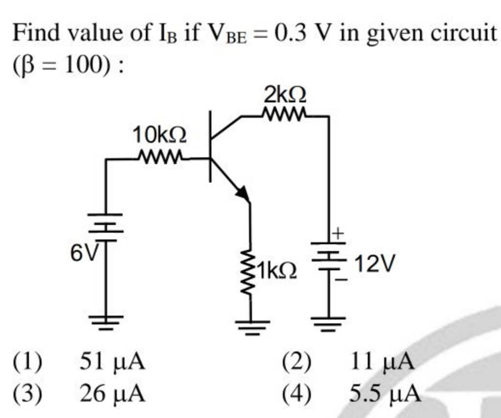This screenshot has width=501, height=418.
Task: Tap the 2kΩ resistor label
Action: (x=286, y=94)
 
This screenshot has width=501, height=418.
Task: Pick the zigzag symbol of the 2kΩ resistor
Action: (x=285, y=116)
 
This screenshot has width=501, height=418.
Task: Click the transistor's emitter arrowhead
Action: (x=242, y=192)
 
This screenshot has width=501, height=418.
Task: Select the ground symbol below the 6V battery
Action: (x=106, y=321)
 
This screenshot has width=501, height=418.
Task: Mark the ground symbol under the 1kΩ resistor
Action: (x=251, y=325)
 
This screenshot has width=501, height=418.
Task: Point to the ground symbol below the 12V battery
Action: (x=328, y=322)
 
